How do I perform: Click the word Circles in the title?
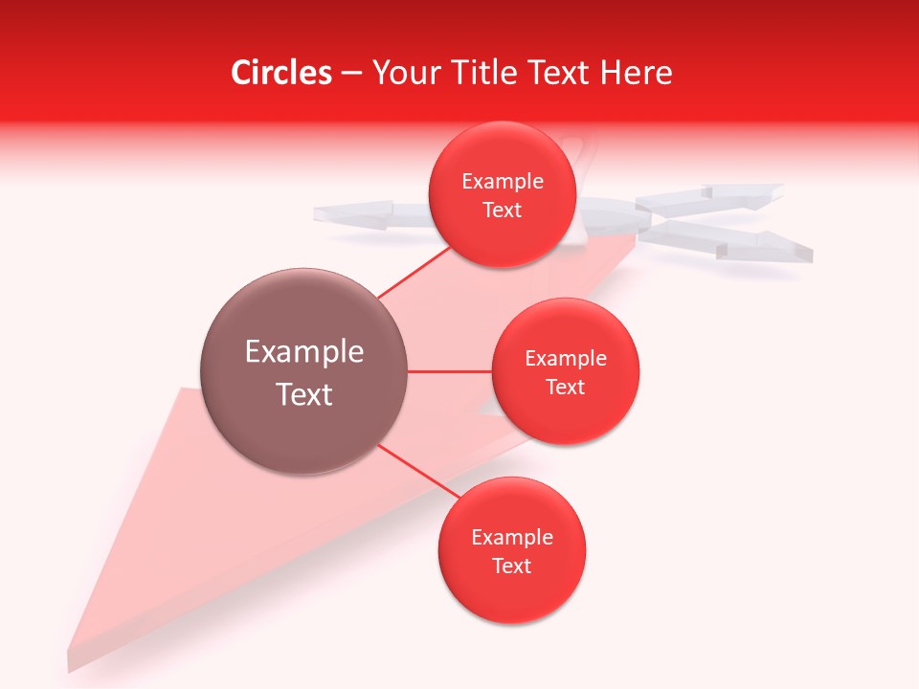pyautogui.click(x=280, y=73)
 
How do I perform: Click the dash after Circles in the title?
pyautogui.click(x=351, y=74)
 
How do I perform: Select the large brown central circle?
pyautogui.click(x=303, y=371)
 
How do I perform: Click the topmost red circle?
pyautogui.click(x=502, y=194)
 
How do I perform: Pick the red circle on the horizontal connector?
pyautogui.click(x=565, y=371)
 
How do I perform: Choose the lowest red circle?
pyautogui.click(x=511, y=550)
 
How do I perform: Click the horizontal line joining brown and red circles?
pyautogui.click(x=449, y=371)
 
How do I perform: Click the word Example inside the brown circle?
pyautogui.click(x=303, y=351)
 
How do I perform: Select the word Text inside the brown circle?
pyautogui.click(x=303, y=394)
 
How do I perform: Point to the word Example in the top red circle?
pyautogui.click(x=502, y=181)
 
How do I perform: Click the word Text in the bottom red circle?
pyautogui.click(x=511, y=566)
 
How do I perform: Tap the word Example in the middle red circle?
pyautogui.click(x=565, y=358)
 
